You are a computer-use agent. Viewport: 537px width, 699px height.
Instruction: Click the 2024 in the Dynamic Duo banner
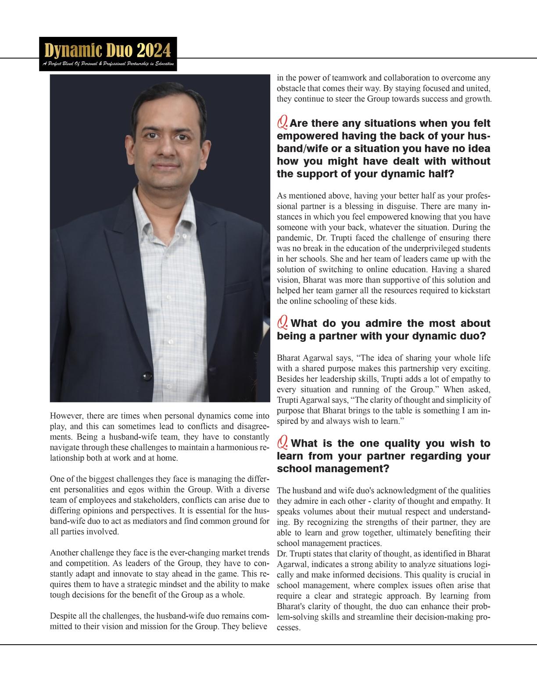tap(154, 51)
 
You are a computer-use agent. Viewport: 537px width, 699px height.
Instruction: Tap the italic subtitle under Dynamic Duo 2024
tap(108, 65)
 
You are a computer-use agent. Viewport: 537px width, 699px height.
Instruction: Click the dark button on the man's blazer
tap(147, 376)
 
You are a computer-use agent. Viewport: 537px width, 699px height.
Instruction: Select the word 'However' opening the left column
tap(66, 416)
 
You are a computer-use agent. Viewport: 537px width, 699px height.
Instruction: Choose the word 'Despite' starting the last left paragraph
tap(63, 616)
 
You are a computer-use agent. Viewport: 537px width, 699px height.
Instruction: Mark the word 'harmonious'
tap(237, 447)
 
